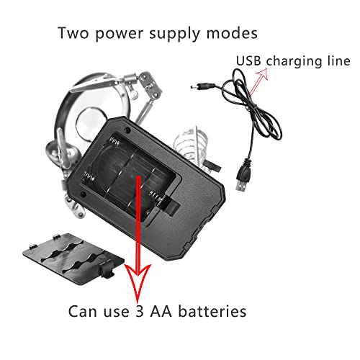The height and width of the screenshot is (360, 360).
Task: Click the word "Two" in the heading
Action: pos(73,33)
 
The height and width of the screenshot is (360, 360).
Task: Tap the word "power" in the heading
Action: pos(120,35)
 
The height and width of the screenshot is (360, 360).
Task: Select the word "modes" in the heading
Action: pos(232,33)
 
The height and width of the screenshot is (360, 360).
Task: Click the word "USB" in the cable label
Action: pos(248,60)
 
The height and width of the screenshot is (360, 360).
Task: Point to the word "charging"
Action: pos(295,62)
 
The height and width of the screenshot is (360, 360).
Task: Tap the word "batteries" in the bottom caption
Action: pos(212,311)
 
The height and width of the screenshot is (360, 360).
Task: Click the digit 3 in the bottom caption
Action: pos(140,312)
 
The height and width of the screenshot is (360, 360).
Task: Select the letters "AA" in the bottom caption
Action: pos(161,312)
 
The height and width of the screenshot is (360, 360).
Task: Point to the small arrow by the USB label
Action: pos(258,81)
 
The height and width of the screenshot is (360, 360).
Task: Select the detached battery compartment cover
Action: pos(73,258)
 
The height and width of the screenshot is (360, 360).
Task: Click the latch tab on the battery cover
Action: pos(107,270)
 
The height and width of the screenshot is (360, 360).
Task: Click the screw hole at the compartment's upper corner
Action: pos(128,130)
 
